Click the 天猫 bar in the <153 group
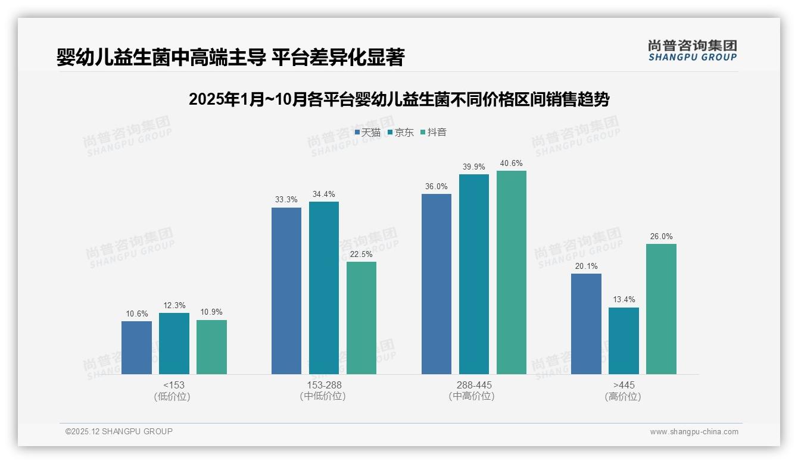click(x=136, y=347)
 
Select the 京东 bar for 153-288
click(x=324, y=288)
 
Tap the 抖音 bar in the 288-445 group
click(x=512, y=272)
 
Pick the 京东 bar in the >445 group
click(x=624, y=341)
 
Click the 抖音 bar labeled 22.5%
click(x=361, y=318)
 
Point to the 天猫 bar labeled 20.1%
click(x=586, y=324)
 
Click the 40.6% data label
click(x=512, y=164)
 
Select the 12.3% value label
click(x=174, y=305)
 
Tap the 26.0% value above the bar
click(x=661, y=236)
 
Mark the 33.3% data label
click(x=286, y=200)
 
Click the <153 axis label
click(x=174, y=385)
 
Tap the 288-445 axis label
click(x=474, y=385)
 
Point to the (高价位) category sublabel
click(x=623, y=396)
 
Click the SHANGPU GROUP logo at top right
click(x=692, y=50)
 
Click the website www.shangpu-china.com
click(x=694, y=432)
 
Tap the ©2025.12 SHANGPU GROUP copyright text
click(x=119, y=431)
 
